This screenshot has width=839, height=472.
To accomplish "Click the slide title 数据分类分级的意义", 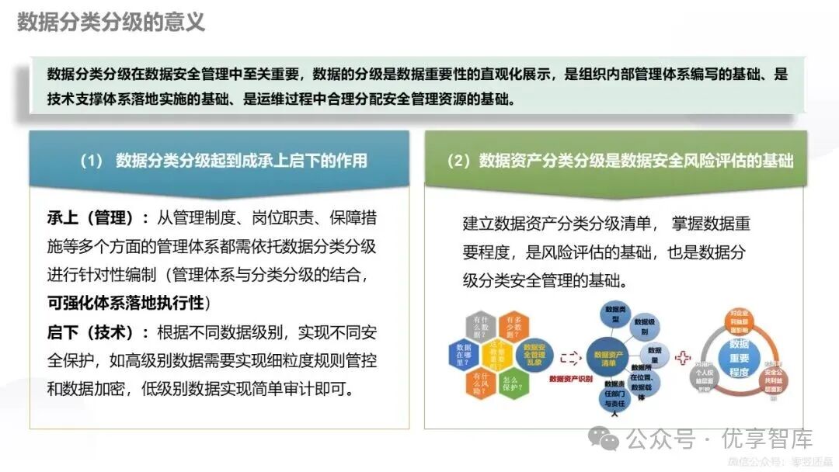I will (x=111, y=22).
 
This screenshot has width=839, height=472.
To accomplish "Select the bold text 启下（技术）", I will (x=97, y=332).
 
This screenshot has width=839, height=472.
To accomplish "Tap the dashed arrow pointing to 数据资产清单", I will (x=570, y=357).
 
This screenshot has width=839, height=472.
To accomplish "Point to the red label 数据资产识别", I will (x=570, y=379).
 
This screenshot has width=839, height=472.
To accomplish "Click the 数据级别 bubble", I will (x=644, y=327).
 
